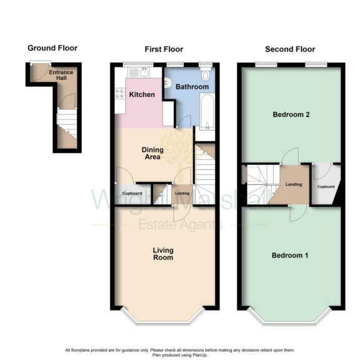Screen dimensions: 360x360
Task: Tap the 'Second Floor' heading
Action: (x=290, y=49)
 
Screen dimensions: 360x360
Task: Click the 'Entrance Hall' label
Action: (x=61, y=76)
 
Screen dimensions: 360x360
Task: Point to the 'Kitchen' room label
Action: (x=142, y=95)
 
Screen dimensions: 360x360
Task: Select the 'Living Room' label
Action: (x=163, y=254)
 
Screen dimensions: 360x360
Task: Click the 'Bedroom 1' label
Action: (x=290, y=256)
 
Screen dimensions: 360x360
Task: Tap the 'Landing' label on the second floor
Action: (x=294, y=184)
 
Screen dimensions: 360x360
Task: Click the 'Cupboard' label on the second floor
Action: (x=326, y=186)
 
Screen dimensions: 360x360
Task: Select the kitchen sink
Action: (x=144, y=72)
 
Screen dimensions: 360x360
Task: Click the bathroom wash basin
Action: (x=167, y=82)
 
